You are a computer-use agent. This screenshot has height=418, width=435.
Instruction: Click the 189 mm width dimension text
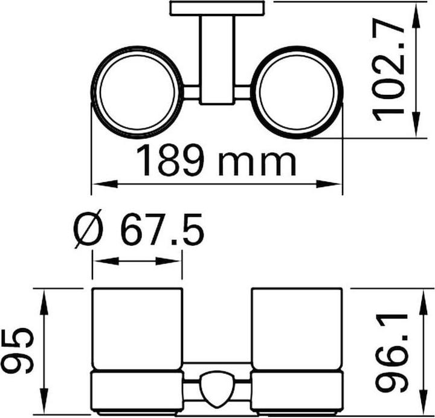[x=215, y=160]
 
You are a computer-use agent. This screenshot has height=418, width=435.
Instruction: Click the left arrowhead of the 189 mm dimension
[x=100, y=184]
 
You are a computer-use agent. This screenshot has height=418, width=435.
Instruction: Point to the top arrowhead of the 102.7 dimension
[x=417, y=12]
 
